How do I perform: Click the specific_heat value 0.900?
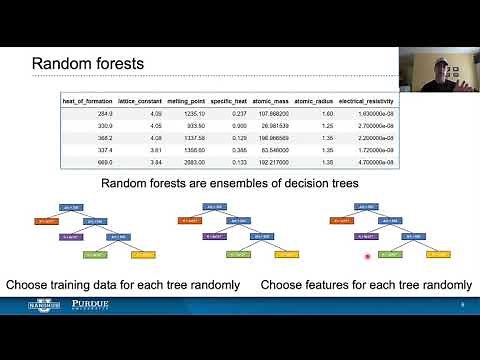point(240,125)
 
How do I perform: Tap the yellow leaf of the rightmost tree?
point(436,255)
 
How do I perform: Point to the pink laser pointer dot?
point(369,257)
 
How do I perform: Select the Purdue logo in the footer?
point(77,304)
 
